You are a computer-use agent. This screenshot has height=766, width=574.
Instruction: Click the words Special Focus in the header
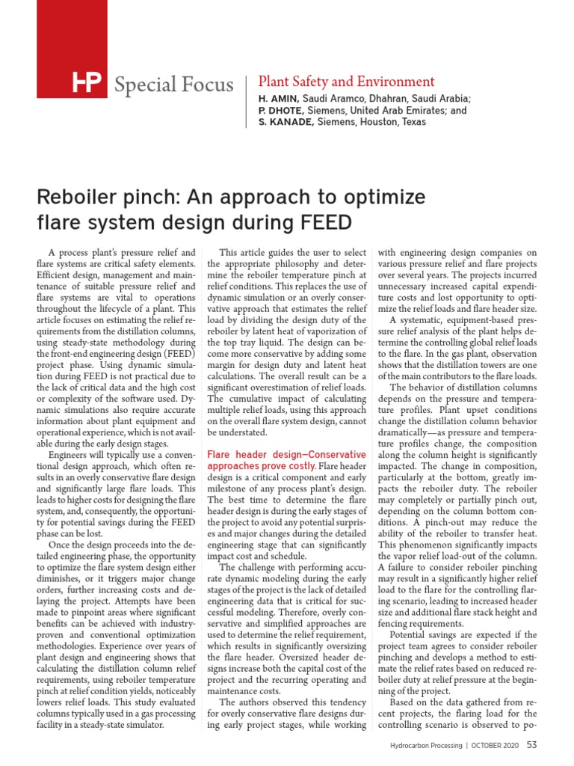pyautogui.click(x=173, y=85)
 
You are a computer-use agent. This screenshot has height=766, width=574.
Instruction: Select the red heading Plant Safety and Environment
pyautogui.click(x=345, y=82)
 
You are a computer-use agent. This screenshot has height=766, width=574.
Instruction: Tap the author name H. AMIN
pyautogui.click(x=278, y=99)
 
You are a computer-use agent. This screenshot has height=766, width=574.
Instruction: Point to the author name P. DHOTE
pyautogui.click(x=280, y=111)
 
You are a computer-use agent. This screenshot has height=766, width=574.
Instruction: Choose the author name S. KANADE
pyautogui.click(x=285, y=122)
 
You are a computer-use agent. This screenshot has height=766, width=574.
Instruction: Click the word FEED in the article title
pyautogui.click(x=322, y=223)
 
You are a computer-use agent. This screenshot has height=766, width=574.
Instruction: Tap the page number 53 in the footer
pyautogui.click(x=532, y=744)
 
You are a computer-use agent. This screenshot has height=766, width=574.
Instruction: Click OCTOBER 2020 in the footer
pyautogui.click(x=496, y=745)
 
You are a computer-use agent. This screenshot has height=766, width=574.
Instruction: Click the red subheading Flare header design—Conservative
pyautogui.click(x=286, y=455)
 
